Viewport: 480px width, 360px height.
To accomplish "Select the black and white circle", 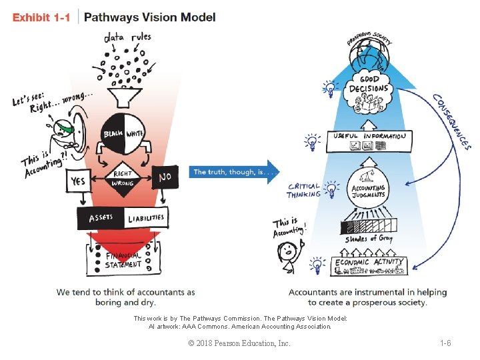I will click(x=124, y=134).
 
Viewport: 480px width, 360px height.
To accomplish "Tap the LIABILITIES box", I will click(x=145, y=218).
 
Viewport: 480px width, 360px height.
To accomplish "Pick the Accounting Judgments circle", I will click(x=369, y=189).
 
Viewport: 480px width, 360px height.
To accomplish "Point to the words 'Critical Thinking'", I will click(x=303, y=191).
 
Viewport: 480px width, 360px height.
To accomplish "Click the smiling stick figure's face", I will click(x=287, y=251).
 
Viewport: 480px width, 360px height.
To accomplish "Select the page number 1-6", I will click(x=445, y=343).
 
